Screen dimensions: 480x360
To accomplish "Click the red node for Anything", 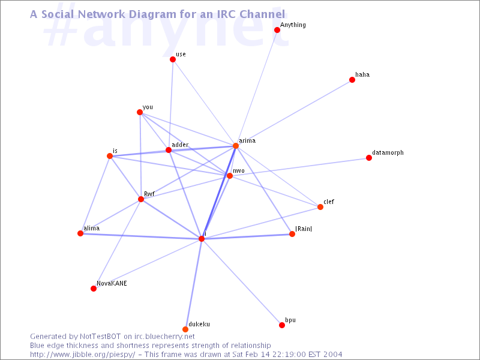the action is click(x=277, y=30).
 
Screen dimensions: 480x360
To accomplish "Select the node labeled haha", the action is click(x=352, y=80).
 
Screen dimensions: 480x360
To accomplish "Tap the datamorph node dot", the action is click(x=369, y=158).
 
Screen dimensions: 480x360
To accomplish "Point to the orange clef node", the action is click(x=320, y=207).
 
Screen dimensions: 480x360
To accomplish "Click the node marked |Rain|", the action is click(x=292, y=234).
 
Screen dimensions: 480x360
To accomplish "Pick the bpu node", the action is click(x=282, y=325).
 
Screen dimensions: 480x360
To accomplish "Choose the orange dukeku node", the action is click(x=185, y=329).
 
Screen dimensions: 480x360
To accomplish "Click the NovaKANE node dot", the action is click(x=94, y=289).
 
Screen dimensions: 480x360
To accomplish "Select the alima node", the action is click(x=80, y=233).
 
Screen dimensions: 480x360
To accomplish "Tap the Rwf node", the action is click(x=141, y=199).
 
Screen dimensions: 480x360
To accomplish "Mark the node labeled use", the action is click(x=173, y=59).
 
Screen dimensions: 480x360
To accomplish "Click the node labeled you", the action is click(x=140, y=112).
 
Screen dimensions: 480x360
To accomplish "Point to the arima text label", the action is click(x=247, y=140).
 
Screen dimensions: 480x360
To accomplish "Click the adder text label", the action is click(x=180, y=145).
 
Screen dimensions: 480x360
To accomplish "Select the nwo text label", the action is click(x=238, y=171).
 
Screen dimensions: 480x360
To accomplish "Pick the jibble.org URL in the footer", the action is click(x=82, y=355).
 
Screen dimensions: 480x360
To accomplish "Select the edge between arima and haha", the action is click(x=294, y=113).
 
